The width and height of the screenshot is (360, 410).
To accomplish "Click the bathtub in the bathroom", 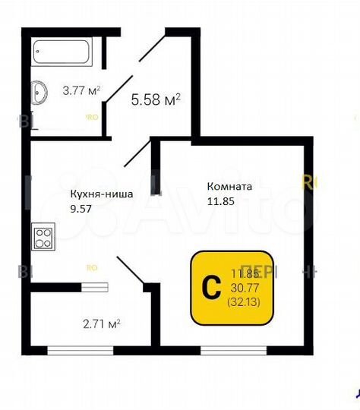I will (62, 53).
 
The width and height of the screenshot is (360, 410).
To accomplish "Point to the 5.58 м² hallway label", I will (156, 99).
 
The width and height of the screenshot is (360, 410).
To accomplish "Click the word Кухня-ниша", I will (101, 194).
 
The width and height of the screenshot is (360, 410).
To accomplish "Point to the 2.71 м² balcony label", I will (101, 324).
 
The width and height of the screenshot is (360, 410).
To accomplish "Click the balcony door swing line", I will (131, 272).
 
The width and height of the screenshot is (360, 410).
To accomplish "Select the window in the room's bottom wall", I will (234, 350).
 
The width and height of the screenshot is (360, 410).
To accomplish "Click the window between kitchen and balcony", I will (96, 287).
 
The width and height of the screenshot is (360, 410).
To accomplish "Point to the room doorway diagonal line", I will (137, 152).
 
